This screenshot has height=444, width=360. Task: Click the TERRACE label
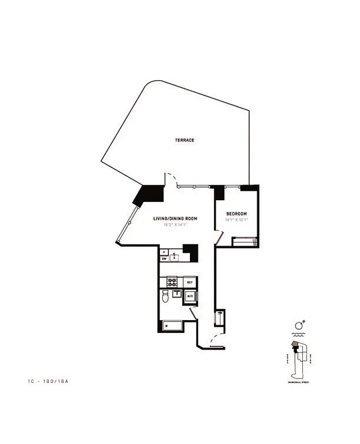184,140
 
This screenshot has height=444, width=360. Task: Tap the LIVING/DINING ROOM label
176,219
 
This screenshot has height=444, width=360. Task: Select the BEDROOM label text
236,214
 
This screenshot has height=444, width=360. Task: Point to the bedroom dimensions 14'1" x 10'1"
236,220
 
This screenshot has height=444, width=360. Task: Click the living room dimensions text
176,225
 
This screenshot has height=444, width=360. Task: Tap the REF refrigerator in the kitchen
189,282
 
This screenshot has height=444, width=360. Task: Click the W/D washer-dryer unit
189,296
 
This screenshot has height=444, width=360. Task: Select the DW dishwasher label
164,259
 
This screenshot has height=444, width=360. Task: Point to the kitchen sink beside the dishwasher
174,257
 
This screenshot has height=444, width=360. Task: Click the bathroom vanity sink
177,294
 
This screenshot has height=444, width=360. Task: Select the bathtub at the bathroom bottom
172,326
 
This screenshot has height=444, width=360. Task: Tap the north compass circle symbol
298,325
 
